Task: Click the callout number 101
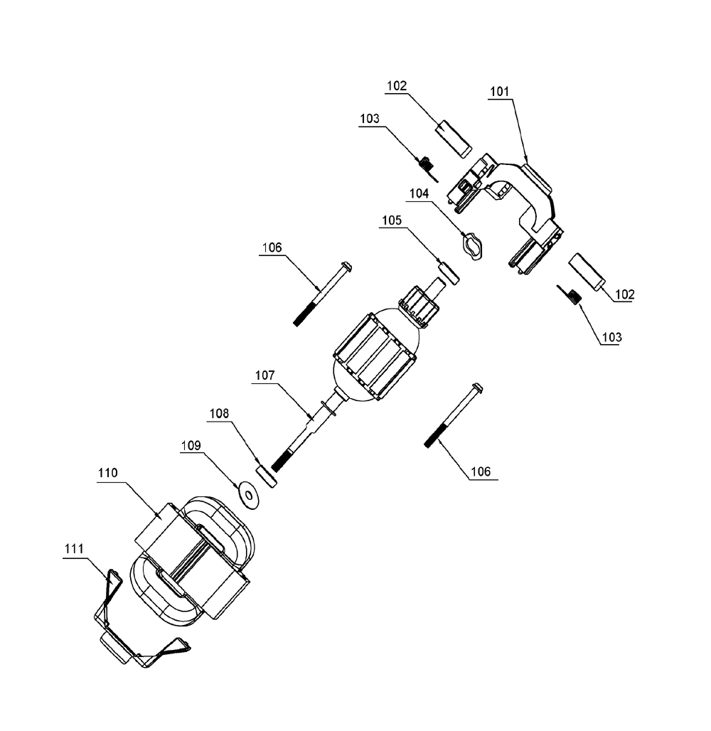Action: pyautogui.click(x=499, y=91)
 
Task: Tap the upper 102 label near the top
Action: pyautogui.click(x=397, y=86)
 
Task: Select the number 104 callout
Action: pyautogui.click(x=419, y=193)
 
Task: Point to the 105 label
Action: pyautogui.click(x=392, y=220)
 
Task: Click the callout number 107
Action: pyautogui.click(x=264, y=375)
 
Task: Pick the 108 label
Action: pyautogui.click(x=219, y=414)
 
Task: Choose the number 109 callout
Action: pyautogui.click(x=191, y=446)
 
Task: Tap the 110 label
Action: pyautogui.click(x=107, y=473)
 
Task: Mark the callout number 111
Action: pyautogui.click(x=74, y=549)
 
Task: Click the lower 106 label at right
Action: pyautogui.click(x=481, y=471)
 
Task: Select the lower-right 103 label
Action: pyautogui.click(x=611, y=337)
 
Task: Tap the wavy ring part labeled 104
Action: pyautogui.click(x=471, y=245)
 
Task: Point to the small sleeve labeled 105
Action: pyautogui.click(x=449, y=273)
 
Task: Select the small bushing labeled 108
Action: pyautogui.click(x=267, y=476)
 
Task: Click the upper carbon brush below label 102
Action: pyautogui.click(x=454, y=139)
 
